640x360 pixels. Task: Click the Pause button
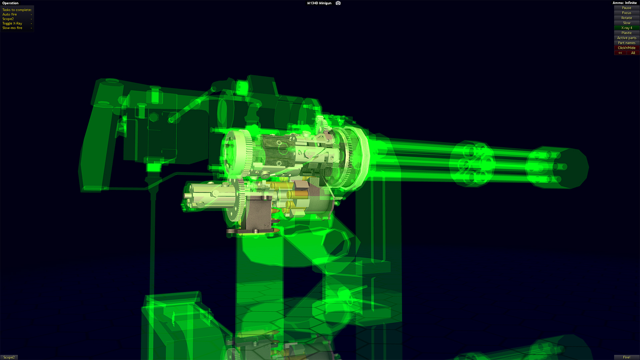coord(626,8)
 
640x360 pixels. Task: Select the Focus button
coord(626,13)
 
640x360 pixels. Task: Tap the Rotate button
coord(626,18)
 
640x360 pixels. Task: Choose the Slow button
coord(626,23)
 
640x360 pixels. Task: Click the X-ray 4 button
coord(626,28)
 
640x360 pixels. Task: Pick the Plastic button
coord(626,33)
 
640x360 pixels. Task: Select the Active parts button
coord(626,38)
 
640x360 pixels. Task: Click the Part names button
coord(626,43)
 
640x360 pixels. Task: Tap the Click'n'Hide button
coord(626,48)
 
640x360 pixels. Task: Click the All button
coord(633,53)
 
